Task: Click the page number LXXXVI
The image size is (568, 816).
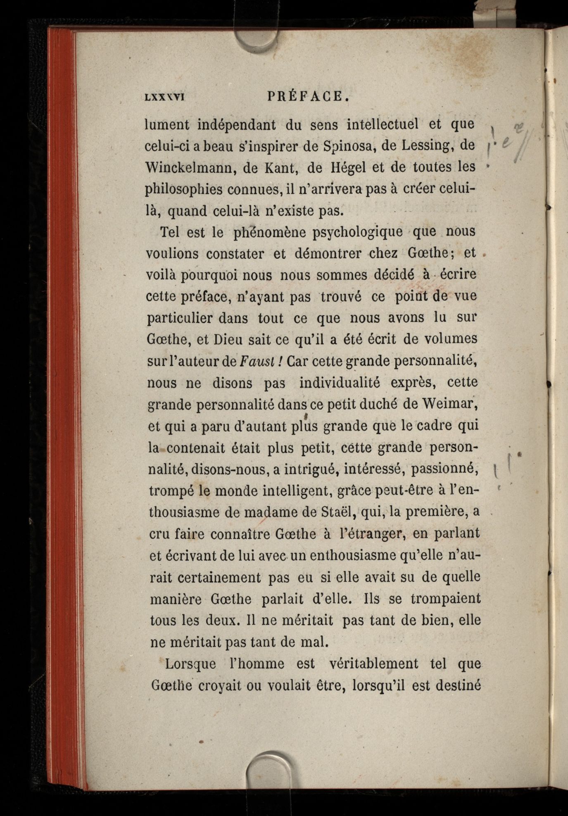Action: pos(164,98)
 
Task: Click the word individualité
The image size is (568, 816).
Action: pos(339,382)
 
